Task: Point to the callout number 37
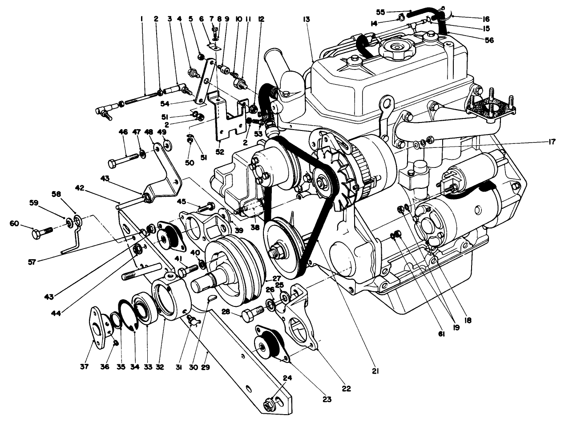coord(85,367)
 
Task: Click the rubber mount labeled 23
coord(269,344)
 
